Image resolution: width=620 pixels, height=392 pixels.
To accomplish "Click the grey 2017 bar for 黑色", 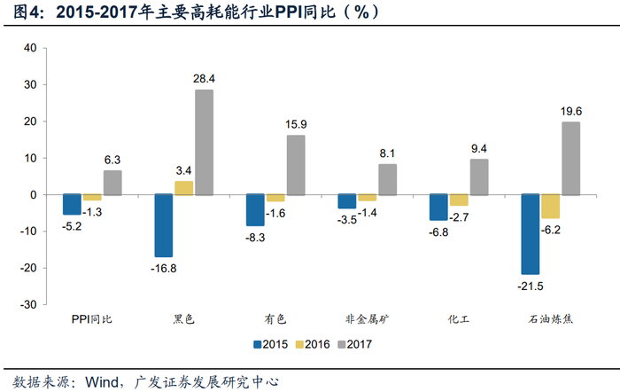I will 204,142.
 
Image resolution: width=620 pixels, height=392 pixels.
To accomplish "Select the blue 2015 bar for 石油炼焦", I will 530,234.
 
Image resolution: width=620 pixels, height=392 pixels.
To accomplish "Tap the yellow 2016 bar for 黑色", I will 183,187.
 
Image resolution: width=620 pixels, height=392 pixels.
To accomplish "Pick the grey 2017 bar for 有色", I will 295,164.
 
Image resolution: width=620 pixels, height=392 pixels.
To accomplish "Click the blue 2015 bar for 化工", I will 438,207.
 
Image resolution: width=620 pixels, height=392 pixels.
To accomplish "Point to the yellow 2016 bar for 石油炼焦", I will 550,206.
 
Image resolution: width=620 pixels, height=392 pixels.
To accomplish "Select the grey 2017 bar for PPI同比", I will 112,182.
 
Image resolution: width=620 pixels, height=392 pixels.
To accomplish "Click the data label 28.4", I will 205,79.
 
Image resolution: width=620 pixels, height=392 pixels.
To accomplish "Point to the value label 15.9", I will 297,124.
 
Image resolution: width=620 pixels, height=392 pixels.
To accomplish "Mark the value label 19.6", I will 571,111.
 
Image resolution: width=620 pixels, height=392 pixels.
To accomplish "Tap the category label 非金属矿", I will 368,318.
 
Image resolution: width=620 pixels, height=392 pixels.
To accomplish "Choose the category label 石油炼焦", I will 550,318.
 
